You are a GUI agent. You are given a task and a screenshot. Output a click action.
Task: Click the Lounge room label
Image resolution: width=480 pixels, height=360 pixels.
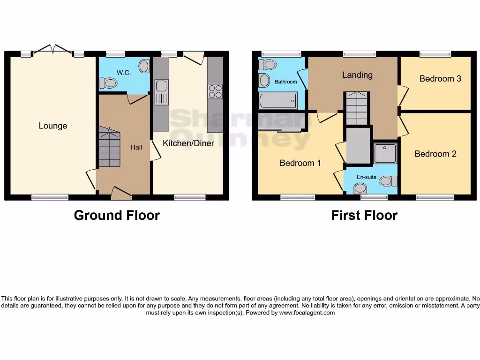pyautogui.click(x=53, y=126)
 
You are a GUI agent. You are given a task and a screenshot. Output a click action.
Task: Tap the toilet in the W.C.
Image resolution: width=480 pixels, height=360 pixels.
pyautogui.click(x=109, y=83)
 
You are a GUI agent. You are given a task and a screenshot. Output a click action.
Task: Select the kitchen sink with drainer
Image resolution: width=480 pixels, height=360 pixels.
pyautogui.click(x=162, y=92)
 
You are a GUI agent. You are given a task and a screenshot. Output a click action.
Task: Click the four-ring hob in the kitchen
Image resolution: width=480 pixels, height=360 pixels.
pyautogui.click(x=215, y=91)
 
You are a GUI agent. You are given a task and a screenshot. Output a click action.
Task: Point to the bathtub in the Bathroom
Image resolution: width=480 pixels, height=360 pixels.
pyautogui.click(x=277, y=100)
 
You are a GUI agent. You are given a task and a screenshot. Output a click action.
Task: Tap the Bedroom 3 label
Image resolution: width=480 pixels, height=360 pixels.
pyautogui.click(x=440, y=78)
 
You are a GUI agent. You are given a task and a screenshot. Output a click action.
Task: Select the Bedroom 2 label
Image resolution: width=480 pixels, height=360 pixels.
pyautogui.click(x=435, y=154)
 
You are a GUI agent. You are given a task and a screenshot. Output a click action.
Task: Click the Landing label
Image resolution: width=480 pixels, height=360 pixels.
pyautogui.click(x=357, y=75)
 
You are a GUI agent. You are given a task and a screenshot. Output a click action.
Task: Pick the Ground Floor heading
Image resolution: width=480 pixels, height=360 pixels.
pyautogui.click(x=117, y=215)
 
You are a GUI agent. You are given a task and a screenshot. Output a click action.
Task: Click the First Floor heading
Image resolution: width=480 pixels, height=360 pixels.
pyautogui.click(x=364, y=215)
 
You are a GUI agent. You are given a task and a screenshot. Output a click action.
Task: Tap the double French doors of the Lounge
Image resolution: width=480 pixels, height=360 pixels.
pyautogui.click(x=52, y=50)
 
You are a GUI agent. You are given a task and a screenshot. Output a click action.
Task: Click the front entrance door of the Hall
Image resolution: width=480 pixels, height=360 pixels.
pyautogui.click(x=121, y=192)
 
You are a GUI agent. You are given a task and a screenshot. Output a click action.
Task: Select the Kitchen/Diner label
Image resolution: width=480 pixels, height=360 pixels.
pyautogui.click(x=188, y=143)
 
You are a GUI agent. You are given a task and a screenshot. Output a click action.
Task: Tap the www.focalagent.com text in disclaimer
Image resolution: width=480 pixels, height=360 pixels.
pyautogui.click(x=307, y=313)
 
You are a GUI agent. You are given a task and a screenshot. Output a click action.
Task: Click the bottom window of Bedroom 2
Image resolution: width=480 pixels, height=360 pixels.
pyautogui.click(x=435, y=197)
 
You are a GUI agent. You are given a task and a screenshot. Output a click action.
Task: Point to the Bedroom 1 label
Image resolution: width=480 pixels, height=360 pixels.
pyautogui.click(x=300, y=163)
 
